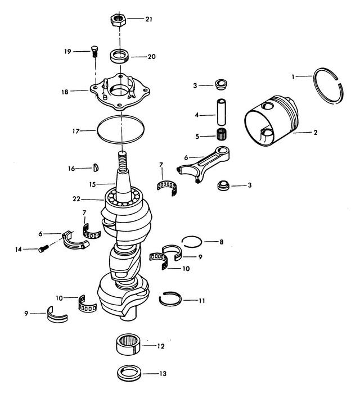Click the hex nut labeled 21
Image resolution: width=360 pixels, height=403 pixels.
point(118,20)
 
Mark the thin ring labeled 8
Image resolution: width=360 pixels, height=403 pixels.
point(191,241)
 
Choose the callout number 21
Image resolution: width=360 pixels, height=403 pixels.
point(148,19)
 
